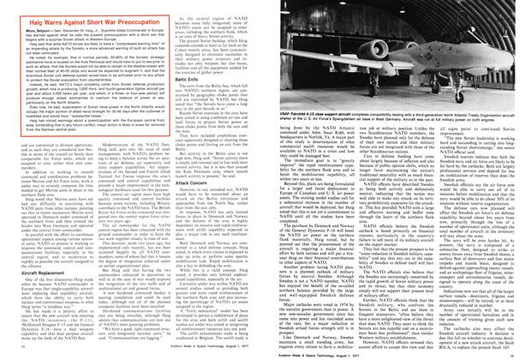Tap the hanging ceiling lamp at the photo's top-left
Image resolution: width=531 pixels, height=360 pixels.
[285, 10]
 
